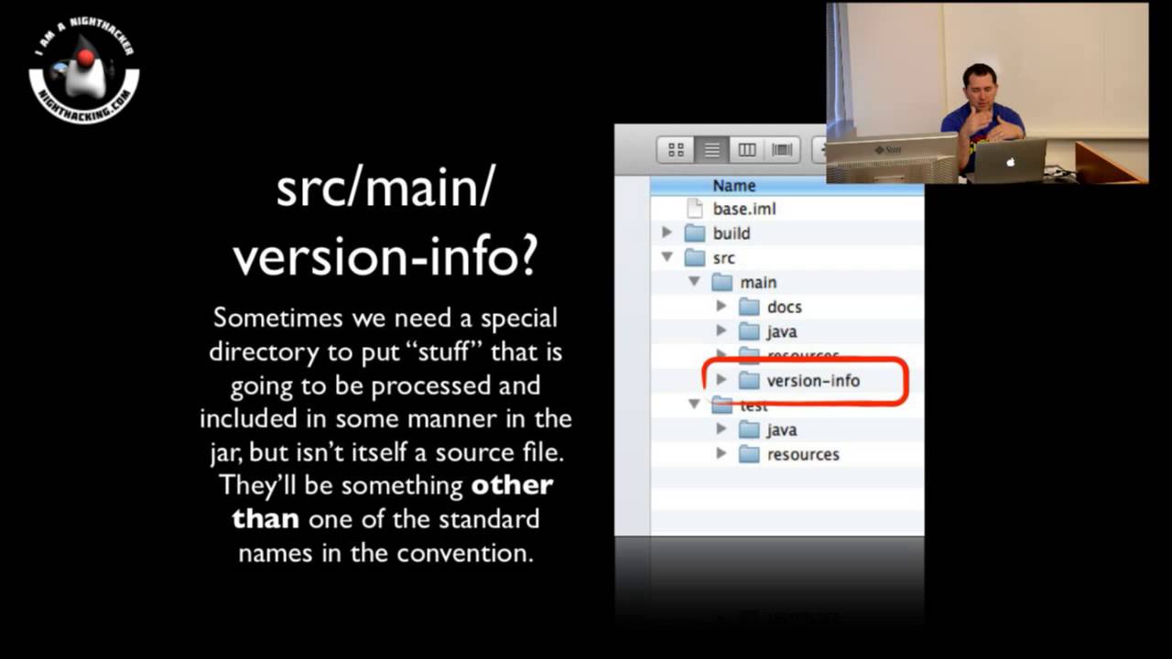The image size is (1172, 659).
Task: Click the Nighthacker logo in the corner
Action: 84,70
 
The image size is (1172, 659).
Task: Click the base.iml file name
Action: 743,209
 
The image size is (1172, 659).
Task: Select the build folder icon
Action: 695,233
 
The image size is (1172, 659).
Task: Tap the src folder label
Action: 723,258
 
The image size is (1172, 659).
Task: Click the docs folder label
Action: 784,308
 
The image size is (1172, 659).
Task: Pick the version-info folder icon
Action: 749,381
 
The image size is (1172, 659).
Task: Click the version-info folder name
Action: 813,381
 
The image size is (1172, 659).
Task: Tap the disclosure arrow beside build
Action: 667,233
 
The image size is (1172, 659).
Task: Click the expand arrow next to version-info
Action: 722,380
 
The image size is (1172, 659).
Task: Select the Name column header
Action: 733,186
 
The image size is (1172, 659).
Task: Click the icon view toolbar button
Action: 677,150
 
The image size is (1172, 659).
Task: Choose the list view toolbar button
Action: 711,150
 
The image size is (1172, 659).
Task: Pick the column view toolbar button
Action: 747,150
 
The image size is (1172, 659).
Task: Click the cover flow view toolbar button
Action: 782,150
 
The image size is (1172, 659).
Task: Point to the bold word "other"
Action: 511,485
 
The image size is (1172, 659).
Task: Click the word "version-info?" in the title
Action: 385,258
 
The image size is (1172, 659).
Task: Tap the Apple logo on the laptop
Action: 1011,162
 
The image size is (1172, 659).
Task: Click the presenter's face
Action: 980,87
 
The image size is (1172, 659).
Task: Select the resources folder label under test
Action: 803,455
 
